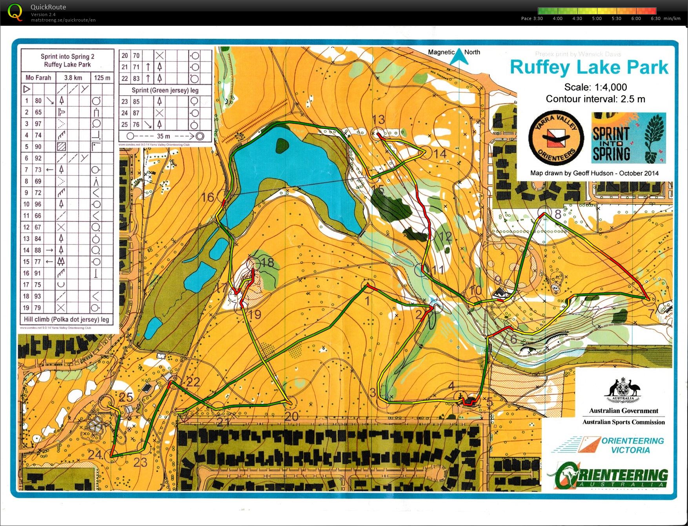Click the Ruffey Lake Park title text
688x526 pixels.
(589, 67)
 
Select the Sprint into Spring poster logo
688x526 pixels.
(628, 138)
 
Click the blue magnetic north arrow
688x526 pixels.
(459, 57)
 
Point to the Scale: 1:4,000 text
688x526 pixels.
(595, 87)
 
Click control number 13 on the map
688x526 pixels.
(379, 120)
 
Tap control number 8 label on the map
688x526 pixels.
(558, 214)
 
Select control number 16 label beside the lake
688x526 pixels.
(207, 197)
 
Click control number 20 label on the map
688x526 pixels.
(291, 417)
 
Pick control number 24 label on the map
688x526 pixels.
(95, 455)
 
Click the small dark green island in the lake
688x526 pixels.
(282, 145)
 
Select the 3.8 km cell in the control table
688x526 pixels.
(73, 78)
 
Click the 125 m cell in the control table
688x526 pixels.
(102, 78)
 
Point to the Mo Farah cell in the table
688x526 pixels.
(38, 78)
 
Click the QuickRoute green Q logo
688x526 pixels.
(15, 12)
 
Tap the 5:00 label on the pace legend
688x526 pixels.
(597, 18)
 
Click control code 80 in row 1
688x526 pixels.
(38, 101)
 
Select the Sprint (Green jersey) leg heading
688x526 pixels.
(165, 90)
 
